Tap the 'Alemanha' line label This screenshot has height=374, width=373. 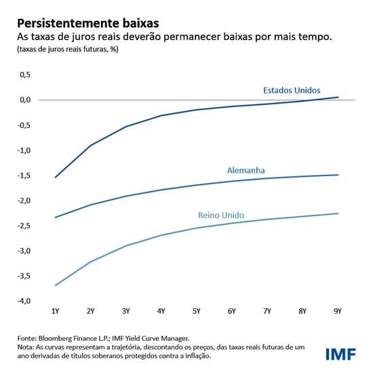pos(246,171)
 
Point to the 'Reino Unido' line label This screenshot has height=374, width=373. pos(220,215)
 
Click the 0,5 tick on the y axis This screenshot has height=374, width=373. pos(24,75)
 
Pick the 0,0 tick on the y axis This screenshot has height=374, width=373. pos(24,100)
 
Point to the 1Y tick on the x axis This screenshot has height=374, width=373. pos(55,311)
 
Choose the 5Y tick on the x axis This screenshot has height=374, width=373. pos(196,311)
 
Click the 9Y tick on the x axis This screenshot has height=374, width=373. pos(337,311)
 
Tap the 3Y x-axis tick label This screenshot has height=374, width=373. pos(125,311)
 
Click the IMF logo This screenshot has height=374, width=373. pos(341,354)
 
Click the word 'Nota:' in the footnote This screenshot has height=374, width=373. pos(26,347)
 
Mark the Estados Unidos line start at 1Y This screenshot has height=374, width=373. pos(55,178)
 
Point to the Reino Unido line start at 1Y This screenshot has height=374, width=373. pos(55,285)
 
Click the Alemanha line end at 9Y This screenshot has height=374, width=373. pos(338,175)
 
